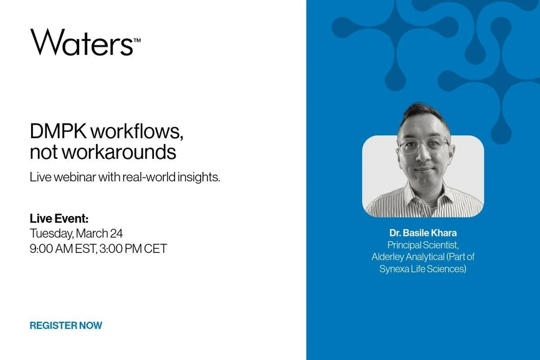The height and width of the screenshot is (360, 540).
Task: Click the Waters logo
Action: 82,42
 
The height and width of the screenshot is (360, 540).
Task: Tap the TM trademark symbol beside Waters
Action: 137,40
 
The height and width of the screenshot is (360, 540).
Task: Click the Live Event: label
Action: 59,219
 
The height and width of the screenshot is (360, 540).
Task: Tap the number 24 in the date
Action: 116,234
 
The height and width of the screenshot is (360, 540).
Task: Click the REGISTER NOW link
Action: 65,325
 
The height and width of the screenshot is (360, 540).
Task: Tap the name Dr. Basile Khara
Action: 423,233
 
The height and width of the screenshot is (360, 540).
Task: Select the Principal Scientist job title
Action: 423,245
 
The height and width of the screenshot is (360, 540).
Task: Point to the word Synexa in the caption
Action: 396,268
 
